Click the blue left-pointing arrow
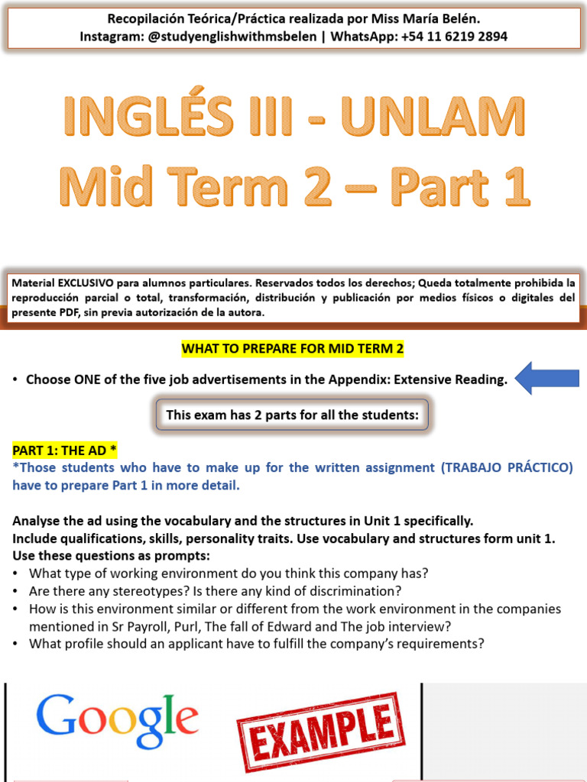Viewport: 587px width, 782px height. tap(546, 378)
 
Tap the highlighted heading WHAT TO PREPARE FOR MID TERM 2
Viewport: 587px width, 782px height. tap(293, 349)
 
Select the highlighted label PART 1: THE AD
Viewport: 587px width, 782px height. tap(64, 450)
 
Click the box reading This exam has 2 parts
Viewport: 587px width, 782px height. tap(293, 415)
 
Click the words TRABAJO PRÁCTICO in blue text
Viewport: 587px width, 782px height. tap(506, 467)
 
